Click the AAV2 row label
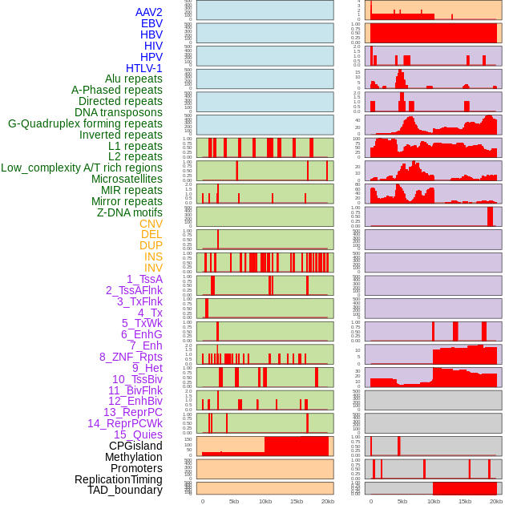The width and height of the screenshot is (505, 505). [x=148, y=12]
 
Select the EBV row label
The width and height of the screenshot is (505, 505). [x=151, y=23]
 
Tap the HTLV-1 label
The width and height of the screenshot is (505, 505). [x=143, y=68]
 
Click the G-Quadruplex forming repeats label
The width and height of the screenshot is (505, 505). [x=85, y=123]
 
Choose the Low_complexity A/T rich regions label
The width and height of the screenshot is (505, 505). [x=82, y=168]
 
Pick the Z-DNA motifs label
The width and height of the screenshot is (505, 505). [x=130, y=212]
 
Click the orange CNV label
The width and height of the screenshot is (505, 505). [x=151, y=224]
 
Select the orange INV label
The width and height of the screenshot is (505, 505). [x=153, y=268]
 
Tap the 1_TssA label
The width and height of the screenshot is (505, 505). [x=144, y=279]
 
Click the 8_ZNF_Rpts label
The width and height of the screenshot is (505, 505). [x=131, y=357]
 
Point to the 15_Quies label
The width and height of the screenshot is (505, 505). [x=138, y=434]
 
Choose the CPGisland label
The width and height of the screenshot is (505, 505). [x=135, y=446]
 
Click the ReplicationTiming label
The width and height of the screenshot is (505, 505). [x=119, y=479]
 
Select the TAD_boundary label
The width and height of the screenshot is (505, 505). [x=125, y=490]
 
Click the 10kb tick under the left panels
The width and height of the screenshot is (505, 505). [x=265, y=501]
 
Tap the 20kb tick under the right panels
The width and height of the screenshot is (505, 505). [x=496, y=501]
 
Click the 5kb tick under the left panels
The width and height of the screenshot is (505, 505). [x=233, y=501]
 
